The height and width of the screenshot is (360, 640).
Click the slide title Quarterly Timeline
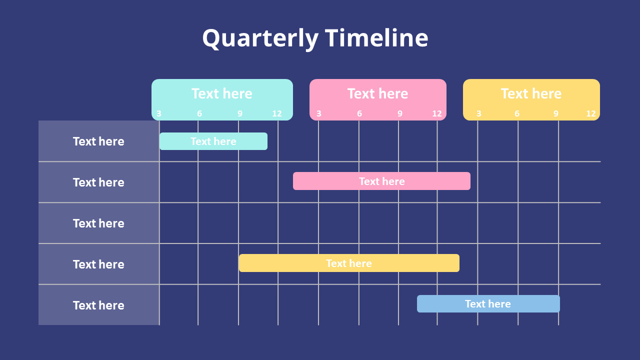point(315,38)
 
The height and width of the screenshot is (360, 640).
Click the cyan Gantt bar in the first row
point(213,141)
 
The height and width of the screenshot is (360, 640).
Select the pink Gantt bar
point(381,181)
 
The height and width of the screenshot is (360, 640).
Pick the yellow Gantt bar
point(348,263)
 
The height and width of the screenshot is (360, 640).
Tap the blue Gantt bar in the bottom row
point(488,304)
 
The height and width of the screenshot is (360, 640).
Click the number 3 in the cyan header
point(159,114)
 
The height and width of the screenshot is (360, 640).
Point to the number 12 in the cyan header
point(277,114)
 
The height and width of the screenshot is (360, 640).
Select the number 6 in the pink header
point(359,114)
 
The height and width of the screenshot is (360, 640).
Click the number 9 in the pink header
point(400,114)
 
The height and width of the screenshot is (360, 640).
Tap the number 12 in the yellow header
point(591,114)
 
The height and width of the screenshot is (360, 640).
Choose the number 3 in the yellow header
point(479,114)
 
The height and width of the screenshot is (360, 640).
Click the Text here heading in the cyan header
point(221,93)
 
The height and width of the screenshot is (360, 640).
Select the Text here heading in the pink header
point(377,93)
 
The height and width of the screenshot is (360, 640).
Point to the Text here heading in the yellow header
point(531,93)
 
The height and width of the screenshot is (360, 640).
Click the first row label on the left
point(98,141)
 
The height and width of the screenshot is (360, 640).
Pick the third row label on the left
point(98,223)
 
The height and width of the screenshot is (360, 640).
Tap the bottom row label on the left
point(98,305)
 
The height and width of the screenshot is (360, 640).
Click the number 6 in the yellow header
point(517,114)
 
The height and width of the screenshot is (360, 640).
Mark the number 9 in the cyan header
point(240,114)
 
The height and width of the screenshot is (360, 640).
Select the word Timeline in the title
point(376,38)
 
